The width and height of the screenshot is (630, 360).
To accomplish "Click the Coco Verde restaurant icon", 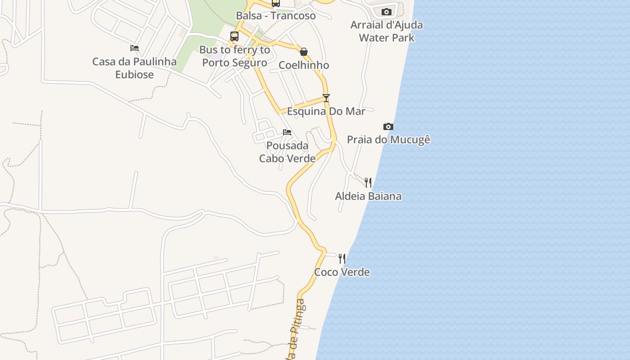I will pos(342,258).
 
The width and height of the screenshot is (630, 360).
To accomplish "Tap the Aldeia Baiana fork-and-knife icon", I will pos(368,182).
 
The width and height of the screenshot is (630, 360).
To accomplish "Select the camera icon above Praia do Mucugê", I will pos(388,126).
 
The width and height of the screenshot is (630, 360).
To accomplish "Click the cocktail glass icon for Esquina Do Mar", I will pos(326,98).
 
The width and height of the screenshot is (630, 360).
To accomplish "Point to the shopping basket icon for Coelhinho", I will pos(304,52).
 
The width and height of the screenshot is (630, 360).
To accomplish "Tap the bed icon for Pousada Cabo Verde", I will pos(287,132).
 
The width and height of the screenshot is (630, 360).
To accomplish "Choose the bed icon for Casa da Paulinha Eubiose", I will pos(134,48).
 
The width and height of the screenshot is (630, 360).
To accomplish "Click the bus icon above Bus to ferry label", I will pos(234,36).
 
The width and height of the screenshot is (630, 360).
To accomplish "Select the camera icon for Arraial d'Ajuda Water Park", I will pos(386,12).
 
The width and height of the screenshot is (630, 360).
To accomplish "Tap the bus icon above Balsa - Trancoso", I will pos(275,4).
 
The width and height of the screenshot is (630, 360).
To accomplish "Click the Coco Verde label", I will pos(342,272).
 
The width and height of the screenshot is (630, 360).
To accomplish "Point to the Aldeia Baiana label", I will pos(368,196).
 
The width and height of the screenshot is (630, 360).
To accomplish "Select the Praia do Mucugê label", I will pos(388,139).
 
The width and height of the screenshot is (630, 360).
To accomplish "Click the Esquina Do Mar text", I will pos(326,111).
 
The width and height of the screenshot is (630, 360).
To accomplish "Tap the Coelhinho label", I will pos(304,65).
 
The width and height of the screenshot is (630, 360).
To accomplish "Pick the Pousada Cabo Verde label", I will pos(287,152).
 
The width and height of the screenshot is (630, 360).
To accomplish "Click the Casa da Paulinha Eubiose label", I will pos(134,68).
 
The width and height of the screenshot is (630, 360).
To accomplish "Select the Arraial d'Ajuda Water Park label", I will pos(387,31).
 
